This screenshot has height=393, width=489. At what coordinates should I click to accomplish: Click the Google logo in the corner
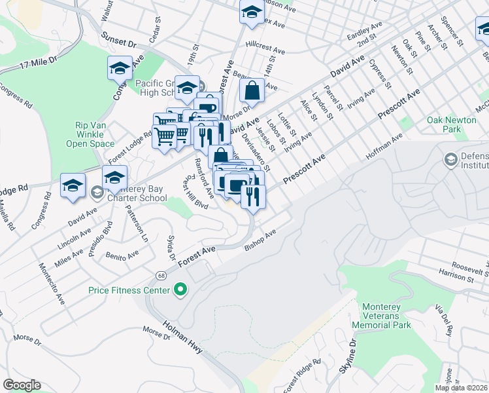point(22,385)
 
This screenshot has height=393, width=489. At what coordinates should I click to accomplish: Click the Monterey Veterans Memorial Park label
point(390,315)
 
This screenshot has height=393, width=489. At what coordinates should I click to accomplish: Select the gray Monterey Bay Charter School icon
point(97,193)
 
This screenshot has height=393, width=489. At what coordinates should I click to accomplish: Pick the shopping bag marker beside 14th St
point(252,92)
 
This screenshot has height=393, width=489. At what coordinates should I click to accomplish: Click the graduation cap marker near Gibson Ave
point(251,12)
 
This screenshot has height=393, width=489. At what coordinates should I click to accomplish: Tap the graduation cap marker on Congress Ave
point(120,67)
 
